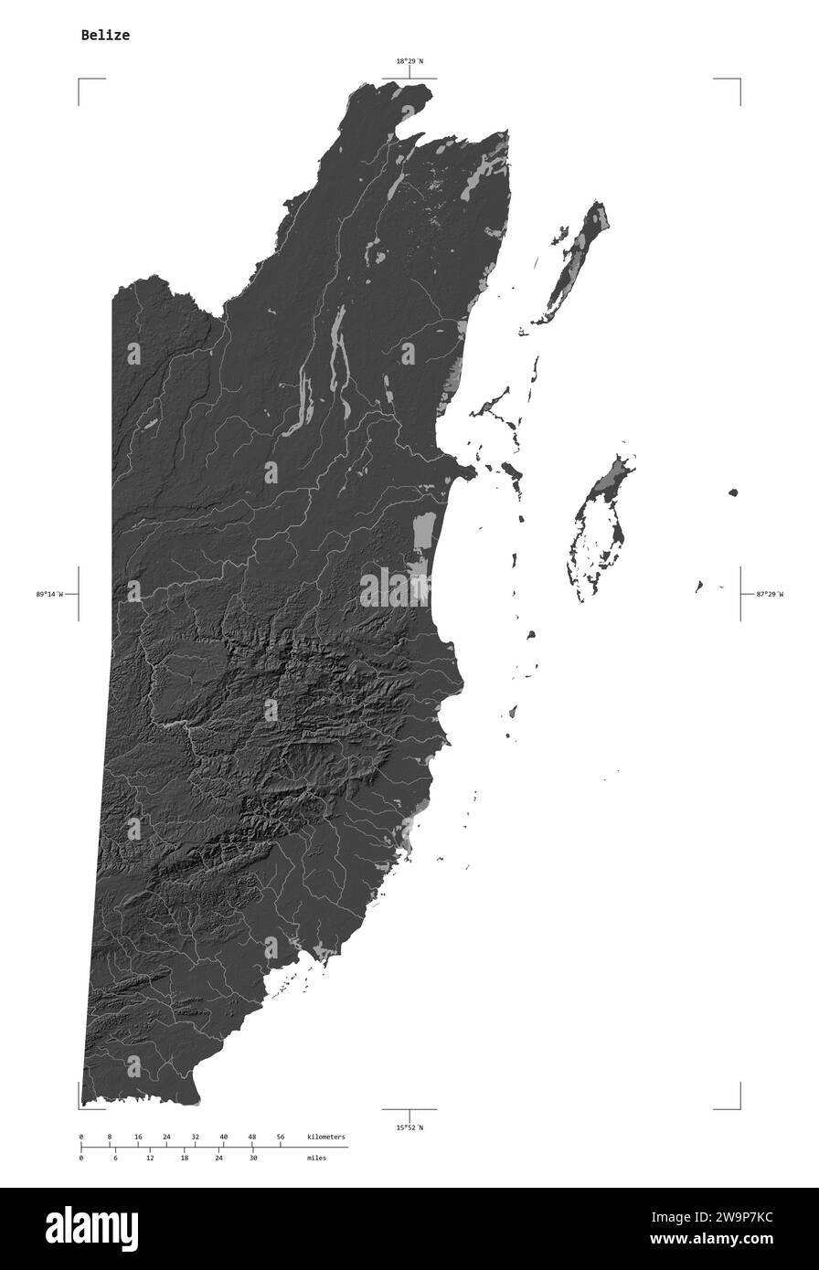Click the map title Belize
click(x=105, y=36)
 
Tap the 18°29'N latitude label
click(x=409, y=61)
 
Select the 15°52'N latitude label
click(x=409, y=1127)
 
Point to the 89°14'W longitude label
click(x=49, y=594)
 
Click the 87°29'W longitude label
click(x=770, y=594)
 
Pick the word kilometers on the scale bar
click(x=326, y=1137)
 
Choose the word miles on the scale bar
click(x=316, y=1158)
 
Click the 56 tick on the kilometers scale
click(x=281, y=1137)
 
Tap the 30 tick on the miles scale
click(x=253, y=1158)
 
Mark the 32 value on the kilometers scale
click(x=195, y=1137)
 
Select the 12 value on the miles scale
click(x=150, y=1158)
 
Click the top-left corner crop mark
click(x=80, y=80)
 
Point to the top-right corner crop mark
click(x=739, y=80)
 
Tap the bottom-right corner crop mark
click(x=739, y=1107)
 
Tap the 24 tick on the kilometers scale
click(x=166, y=1137)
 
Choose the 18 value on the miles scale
click(x=184, y=1158)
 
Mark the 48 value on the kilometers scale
click(x=252, y=1137)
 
